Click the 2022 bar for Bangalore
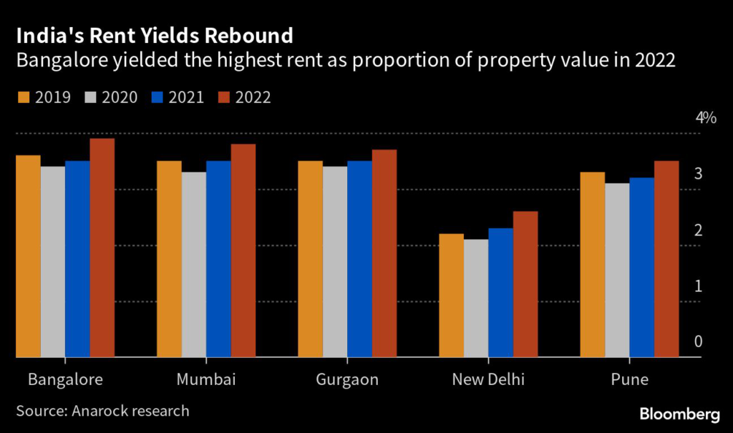click(102, 247)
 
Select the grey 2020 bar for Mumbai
click(194, 264)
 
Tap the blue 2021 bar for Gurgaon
click(359, 258)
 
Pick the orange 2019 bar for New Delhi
click(451, 295)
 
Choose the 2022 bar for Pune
click(666, 258)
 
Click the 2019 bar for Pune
click(592, 264)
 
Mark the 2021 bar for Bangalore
click(77, 258)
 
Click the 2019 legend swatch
click(24, 97)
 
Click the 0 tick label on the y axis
click(698, 342)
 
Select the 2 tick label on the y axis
click(698, 230)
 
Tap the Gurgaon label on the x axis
click(347, 379)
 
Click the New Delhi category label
click(488, 379)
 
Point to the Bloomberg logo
click(679, 414)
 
